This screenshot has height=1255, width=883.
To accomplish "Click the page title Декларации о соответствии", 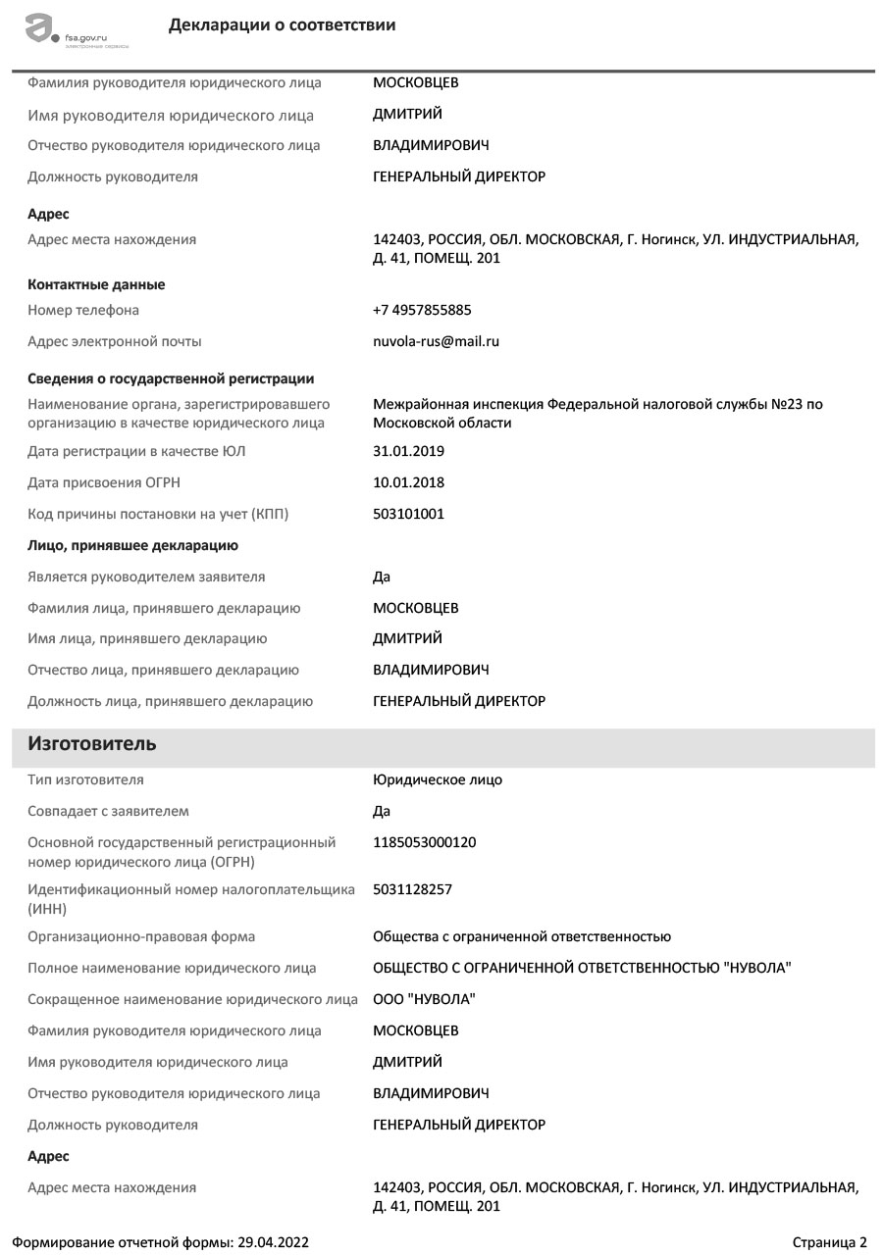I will click(282, 25).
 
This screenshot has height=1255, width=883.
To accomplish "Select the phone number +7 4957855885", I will click(422, 310).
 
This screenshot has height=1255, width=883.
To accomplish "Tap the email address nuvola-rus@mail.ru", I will click(436, 341).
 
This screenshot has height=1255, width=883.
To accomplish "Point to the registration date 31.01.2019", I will click(408, 451).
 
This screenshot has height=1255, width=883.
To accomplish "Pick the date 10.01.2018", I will click(408, 482).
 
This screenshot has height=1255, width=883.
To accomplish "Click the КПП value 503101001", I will click(408, 514).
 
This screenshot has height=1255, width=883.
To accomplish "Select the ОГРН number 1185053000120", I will click(425, 842).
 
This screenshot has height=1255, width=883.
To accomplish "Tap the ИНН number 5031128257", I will click(412, 889).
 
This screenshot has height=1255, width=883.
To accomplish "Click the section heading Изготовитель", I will click(92, 744).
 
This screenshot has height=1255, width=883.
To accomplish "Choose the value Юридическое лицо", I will click(438, 779).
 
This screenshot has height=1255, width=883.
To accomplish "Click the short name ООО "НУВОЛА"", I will click(424, 999).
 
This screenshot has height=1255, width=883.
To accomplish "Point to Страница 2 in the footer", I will click(830, 1242).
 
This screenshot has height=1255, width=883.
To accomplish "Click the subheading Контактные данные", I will click(96, 284).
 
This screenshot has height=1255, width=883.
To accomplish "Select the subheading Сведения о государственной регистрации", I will click(171, 378).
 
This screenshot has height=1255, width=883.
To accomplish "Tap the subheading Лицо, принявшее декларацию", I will click(132, 545).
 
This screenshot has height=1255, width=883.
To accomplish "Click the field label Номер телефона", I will click(83, 310).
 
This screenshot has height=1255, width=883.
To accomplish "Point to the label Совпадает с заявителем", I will click(108, 811).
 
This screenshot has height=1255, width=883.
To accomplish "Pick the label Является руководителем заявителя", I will click(146, 577).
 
